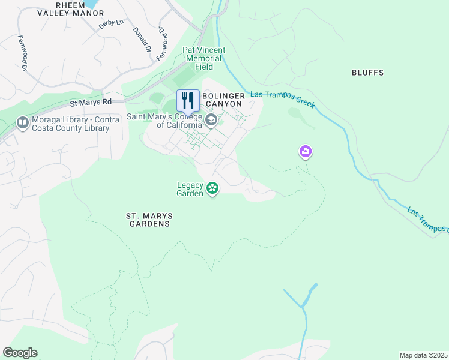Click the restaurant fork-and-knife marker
[188, 101]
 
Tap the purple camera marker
[306, 151]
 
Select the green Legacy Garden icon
[212, 189]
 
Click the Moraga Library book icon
[23, 123]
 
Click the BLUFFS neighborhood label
[367, 73]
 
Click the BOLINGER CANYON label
[223, 100]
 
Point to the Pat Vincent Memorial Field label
[203, 59]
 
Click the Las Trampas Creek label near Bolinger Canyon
[283, 99]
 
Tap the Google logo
[20, 353]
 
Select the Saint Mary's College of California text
[164, 121]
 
